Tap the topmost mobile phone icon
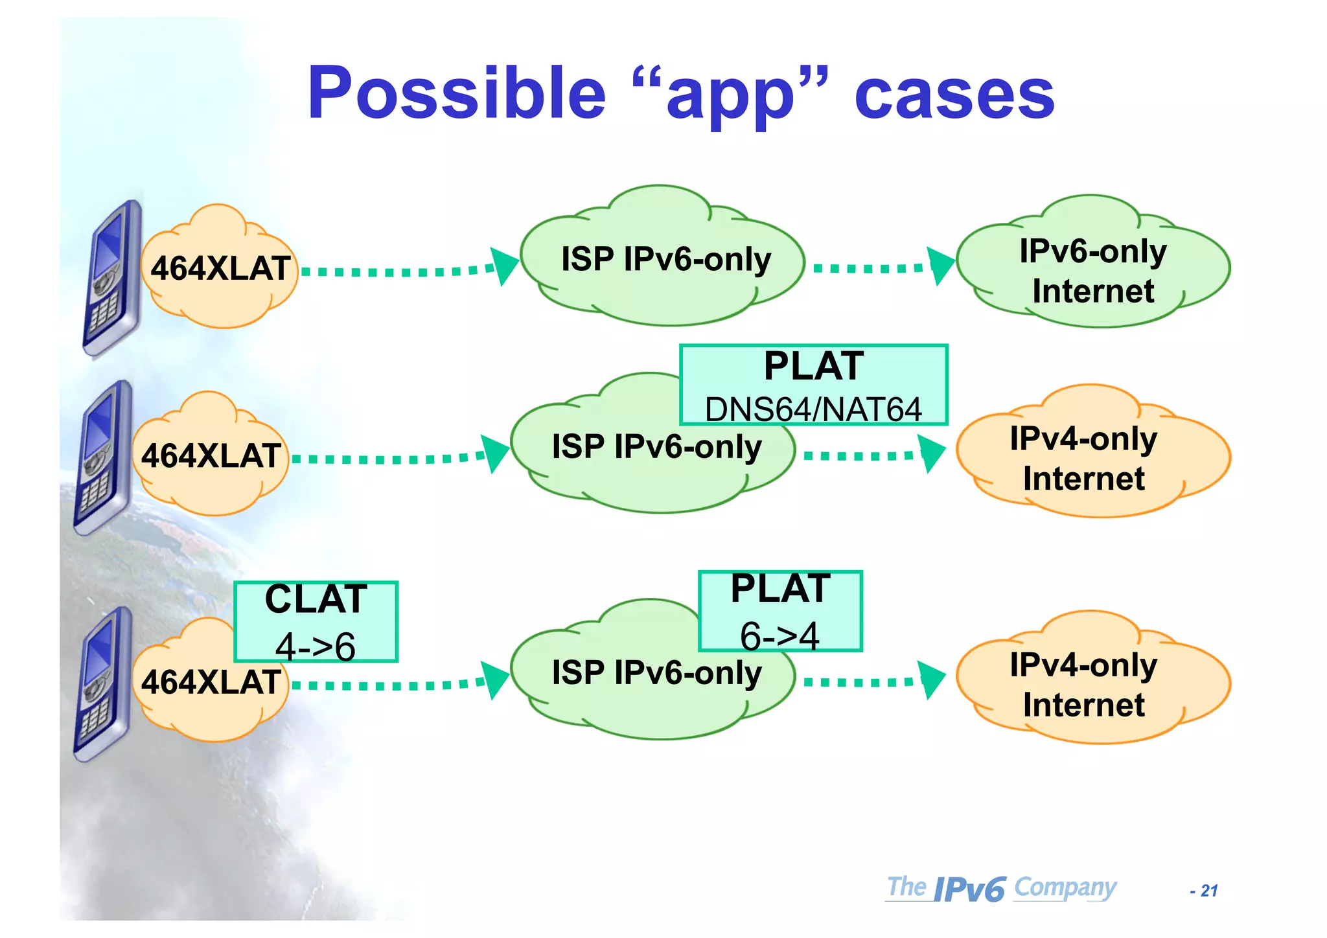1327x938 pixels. point(111,279)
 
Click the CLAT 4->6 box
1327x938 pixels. point(316,621)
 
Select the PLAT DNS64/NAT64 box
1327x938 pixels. point(813,385)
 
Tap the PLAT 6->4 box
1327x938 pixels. point(780,611)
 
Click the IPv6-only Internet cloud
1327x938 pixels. point(1093,269)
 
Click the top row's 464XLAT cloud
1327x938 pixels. point(219,268)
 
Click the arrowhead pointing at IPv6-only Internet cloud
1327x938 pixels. point(941,266)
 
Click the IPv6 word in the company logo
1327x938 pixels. point(969,889)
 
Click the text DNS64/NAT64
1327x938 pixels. point(813,409)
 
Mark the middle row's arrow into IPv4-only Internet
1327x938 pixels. point(871,455)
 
